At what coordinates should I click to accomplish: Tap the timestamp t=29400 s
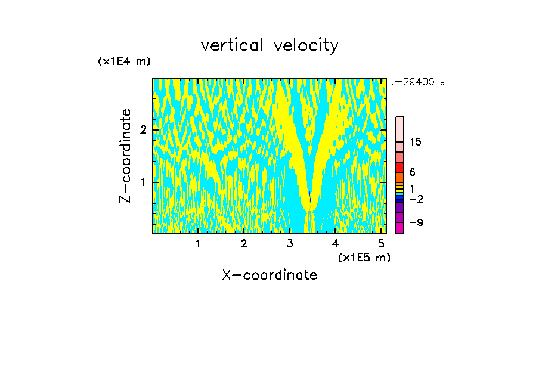[x=417, y=82]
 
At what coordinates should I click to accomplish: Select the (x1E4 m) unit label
[x=124, y=61]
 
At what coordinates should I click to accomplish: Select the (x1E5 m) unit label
[x=364, y=257]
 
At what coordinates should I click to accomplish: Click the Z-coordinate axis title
[x=125, y=156]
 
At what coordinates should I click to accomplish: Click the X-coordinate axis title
[x=269, y=275]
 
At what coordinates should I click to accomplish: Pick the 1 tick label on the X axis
[x=198, y=243]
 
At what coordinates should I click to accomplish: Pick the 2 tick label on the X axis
[x=244, y=243]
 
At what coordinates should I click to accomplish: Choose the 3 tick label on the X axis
[x=290, y=243]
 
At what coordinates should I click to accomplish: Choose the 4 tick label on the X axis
[x=336, y=243]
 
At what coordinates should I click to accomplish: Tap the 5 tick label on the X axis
[x=381, y=243]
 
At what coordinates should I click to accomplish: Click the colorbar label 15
[x=416, y=142]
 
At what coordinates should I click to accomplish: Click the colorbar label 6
[x=412, y=172]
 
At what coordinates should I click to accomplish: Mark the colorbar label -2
[x=416, y=199]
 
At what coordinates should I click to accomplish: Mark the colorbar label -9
[x=416, y=222]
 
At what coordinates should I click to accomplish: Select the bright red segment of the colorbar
[x=399, y=167]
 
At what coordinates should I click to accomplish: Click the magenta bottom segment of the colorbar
[x=399, y=228]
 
